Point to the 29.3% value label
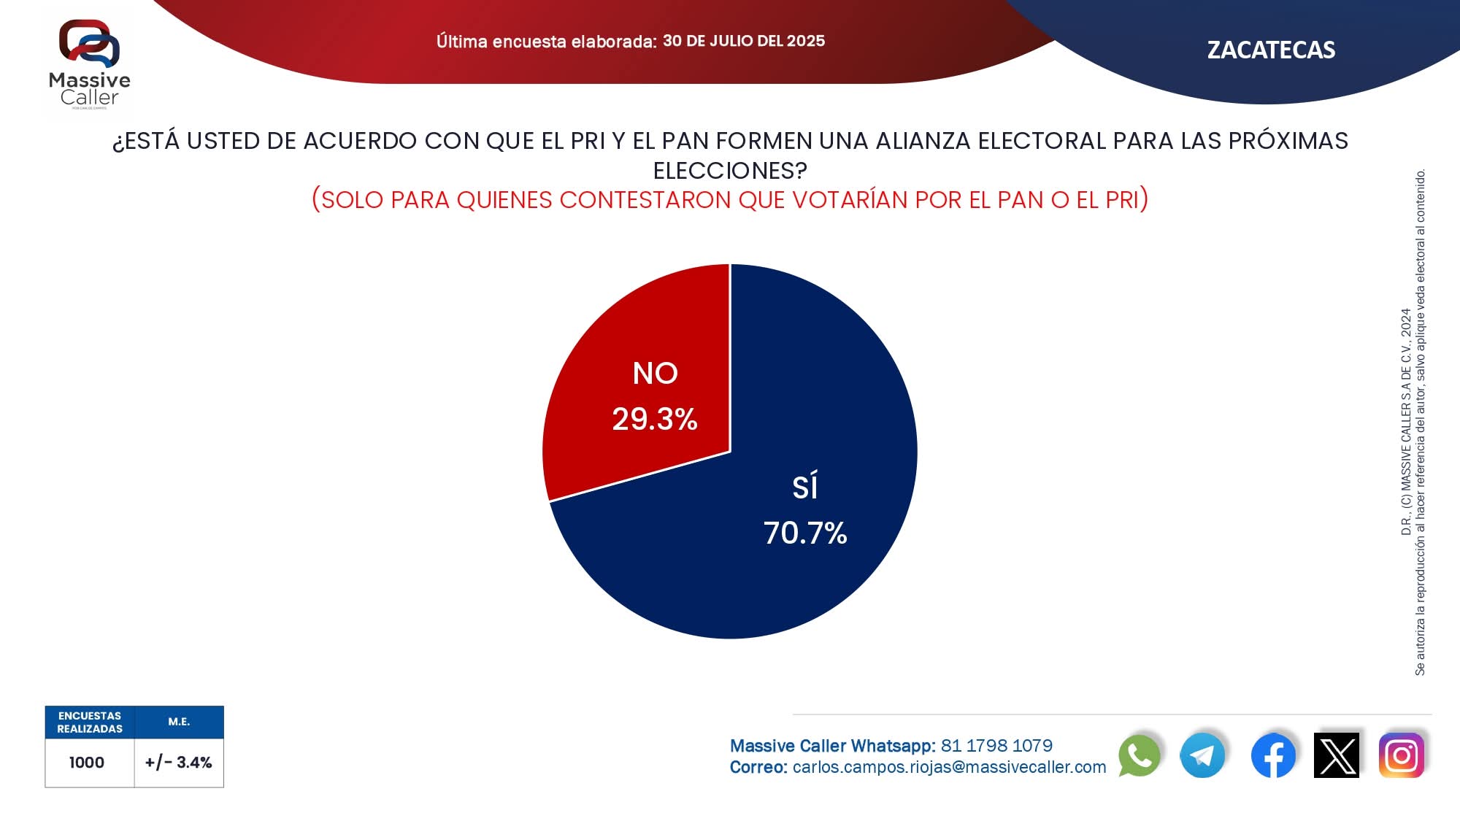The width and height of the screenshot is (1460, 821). (655, 420)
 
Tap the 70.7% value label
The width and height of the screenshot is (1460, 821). (805, 533)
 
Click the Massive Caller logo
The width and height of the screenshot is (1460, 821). (90, 64)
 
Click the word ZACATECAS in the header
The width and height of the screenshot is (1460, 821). (1271, 50)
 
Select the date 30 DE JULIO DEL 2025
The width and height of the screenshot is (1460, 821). (744, 41)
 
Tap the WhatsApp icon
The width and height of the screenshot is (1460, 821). (1139, 755)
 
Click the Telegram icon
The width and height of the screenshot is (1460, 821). (1202, 755)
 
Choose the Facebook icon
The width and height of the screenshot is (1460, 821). (1273, 755)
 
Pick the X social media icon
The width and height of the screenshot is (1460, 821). (1337, 755)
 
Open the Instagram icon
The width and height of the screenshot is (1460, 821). (1401, 755)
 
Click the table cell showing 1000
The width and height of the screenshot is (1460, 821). (87, 763)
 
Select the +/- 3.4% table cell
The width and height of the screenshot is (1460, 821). (179, 763)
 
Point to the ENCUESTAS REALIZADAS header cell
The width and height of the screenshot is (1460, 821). (90, 722)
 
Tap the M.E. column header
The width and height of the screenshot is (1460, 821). (179, 722)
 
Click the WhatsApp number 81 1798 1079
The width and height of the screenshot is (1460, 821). (996, 746)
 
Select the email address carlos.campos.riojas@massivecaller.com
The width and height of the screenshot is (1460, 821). (949, 767)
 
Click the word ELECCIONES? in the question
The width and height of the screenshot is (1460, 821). (730, 171)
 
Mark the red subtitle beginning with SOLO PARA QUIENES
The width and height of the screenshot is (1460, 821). (730, 200)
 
